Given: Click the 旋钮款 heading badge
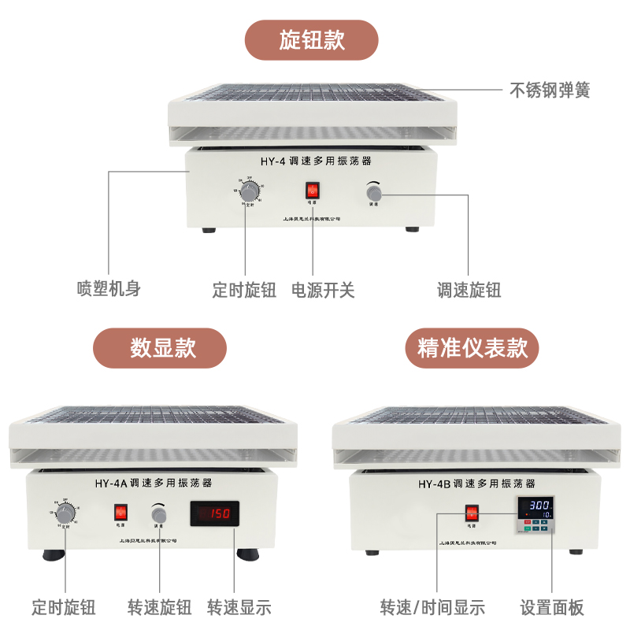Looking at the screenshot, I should pos(312,40).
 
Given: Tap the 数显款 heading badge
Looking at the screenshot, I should pos(160,348).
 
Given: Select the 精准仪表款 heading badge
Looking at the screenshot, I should pos(473,348).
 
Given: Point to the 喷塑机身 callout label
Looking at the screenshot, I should pos(109,288).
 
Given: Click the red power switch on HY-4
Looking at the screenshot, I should pos(313,191).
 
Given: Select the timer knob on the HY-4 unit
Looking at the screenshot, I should pos(249,191).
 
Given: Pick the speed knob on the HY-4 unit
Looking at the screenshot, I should pos(375,191).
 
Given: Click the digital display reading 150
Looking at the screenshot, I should pos(214,514).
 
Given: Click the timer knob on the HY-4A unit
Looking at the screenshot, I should pos(66,513).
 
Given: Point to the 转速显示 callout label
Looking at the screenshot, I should pos(239,607).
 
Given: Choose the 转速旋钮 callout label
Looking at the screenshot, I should pos(159,607).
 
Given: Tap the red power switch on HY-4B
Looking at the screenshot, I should pos(472,513).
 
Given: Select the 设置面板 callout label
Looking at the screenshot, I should pos(552,607).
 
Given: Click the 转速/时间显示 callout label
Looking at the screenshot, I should pos(432,607).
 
